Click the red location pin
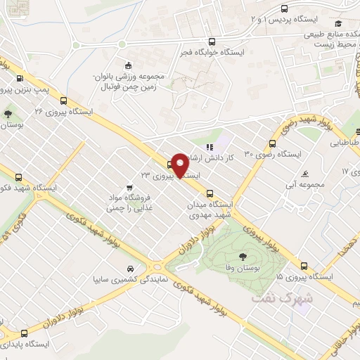click(x=181, y=165)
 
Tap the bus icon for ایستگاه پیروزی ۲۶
click(x=64, y=101)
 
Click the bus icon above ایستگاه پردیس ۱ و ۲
click(x=284, y=8)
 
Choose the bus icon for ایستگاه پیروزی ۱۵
click(x=304, y=266)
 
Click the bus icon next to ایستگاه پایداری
click(x=25, y=333)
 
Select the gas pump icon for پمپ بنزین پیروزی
click(x=19, y=79)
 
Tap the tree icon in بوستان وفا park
click(x=243, y=257)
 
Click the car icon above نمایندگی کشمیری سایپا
click(x=129, y=269)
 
